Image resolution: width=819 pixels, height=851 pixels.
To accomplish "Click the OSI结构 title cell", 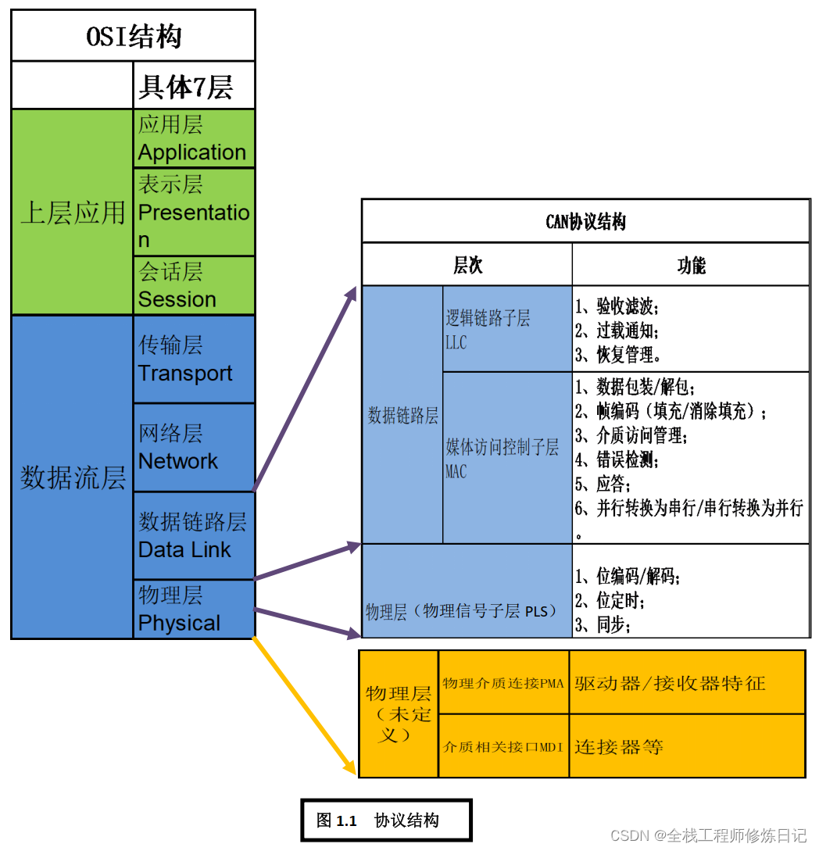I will coord(134,36).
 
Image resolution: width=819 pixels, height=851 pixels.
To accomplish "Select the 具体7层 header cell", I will coord(194,86).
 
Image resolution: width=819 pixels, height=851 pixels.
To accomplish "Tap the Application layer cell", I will coord(194,138).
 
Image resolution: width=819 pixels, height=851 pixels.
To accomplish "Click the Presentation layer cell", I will coord(194,212).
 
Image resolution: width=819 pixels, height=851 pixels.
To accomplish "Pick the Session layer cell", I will coord(194,285).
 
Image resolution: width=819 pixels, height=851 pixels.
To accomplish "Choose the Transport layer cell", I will coord(194,359).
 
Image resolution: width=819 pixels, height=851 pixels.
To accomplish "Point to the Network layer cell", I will coord(194,447).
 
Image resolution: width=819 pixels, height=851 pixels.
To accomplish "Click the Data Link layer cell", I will coord(194,535).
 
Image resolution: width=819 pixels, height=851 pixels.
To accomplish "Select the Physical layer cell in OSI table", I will coord(194,609).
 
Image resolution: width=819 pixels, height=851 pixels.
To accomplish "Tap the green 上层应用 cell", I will coord(73,212).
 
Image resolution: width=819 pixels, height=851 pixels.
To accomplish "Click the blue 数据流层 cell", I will coord(73,477).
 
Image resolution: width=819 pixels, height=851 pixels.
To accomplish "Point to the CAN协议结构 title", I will coord(585,222).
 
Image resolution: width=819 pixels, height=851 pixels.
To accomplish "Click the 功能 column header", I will coord(691,266).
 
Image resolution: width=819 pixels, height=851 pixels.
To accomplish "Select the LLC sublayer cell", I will coord(507,329).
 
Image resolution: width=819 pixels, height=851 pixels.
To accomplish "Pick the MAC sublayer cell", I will coord(507,458).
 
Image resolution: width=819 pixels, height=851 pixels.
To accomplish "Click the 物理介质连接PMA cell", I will coord(503,683).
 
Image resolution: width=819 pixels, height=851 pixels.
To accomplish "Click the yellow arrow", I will coord(301,707).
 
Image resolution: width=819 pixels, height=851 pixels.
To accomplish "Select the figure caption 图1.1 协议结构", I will coord(386,821).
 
